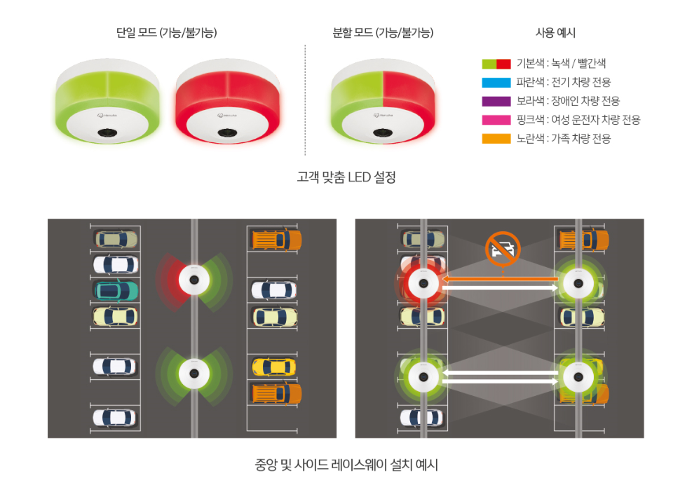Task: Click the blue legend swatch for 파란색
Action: tap(496, 83)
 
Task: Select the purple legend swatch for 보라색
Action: tap(496, 102)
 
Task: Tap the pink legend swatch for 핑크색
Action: tap(496, 120)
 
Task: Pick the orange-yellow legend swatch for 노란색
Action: tap(496, 139)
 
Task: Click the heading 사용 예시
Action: tap(555, 33)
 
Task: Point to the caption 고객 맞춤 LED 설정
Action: tap(346, 177)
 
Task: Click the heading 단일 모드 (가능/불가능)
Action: tap(166, 33)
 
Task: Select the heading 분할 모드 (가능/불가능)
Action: tap(383, 33)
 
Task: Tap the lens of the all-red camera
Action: tap(227, 132)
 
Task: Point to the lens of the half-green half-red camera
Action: tap(383, 132)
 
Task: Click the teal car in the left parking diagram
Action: tap(116, 291)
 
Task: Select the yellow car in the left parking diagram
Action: tap(274, 367)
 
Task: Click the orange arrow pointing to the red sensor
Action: tap(500, 279)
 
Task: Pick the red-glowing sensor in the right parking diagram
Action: tap(423, 284)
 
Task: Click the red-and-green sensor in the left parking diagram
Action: tap(194, 280)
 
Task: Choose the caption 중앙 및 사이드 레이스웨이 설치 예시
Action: tap(346, 465)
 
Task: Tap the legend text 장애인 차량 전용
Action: tap(585, 102)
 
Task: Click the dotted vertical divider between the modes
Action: tap(305, 100)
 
